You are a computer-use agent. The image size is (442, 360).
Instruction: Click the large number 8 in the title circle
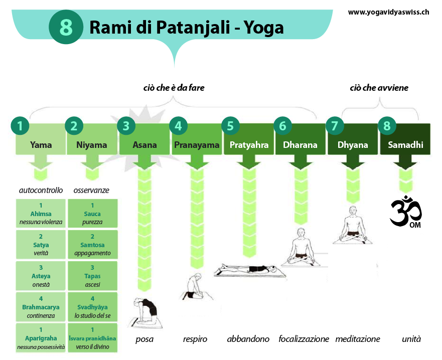click(x=66, y=27)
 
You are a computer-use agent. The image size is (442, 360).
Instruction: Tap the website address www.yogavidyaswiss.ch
click(x=388, y=12)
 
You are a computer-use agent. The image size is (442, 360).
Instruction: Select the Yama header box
click(x=41, y=139)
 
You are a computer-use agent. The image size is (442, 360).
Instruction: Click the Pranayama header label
click(x=197, y=145)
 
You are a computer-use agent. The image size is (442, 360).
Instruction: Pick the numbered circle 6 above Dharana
click(x=283, y=126)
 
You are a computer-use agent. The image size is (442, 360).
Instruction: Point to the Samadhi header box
click(x=405, y=139)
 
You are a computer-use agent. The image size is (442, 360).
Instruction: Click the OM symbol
click(x=406, y=211)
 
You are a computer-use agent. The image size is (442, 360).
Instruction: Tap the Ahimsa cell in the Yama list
click(x=41, y=213)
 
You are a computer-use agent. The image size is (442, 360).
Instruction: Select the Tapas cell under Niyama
click(x=92, y=275)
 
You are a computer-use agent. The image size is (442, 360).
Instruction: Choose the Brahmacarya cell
click(x=41, y=307)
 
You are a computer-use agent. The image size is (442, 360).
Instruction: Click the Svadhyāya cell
click(x=92, y=307)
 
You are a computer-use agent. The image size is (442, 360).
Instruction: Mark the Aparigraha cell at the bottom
click(x=41, y=338)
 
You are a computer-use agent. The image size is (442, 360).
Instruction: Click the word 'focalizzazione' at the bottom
click(x=304, y=339)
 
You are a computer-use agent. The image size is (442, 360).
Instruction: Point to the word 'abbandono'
click(x=248, y=339)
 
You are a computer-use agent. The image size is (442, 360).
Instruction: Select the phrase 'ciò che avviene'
click(x=379, y=88)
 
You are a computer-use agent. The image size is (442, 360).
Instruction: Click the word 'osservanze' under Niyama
click(x=91, y=191)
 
